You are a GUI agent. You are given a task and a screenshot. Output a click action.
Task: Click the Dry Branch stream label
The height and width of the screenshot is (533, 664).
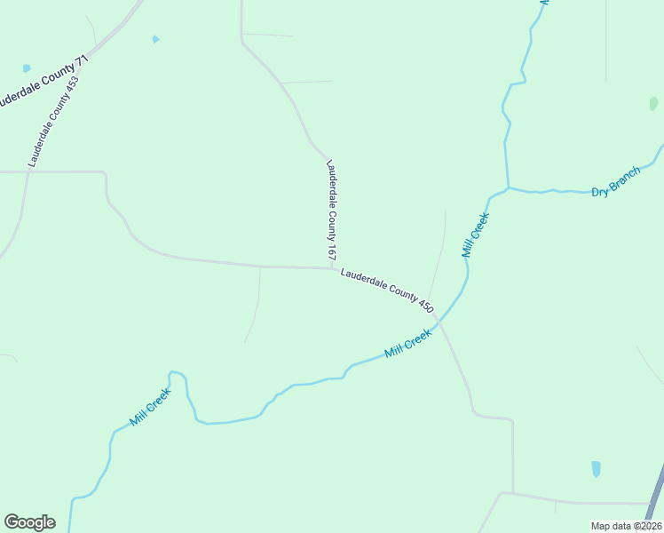click(615, 182)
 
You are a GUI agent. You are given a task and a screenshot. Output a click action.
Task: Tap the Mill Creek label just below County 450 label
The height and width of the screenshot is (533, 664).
click(408, 343)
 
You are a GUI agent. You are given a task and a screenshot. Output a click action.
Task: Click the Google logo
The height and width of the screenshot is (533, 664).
click(29, 522)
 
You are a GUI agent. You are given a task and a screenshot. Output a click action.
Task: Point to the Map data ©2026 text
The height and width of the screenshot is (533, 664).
click(625, 526)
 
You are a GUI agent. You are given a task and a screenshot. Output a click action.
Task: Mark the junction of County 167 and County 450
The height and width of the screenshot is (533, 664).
click(332, 267)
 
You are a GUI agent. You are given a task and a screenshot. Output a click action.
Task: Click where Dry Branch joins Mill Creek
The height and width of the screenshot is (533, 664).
click(508, 187)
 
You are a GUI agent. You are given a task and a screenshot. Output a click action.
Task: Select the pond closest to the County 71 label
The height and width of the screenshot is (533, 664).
click(27, 68)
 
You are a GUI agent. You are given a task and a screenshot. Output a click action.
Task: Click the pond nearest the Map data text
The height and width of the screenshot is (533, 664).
click(596, 468)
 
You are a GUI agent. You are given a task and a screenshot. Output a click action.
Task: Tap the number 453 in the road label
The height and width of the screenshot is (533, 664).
click(71, 85)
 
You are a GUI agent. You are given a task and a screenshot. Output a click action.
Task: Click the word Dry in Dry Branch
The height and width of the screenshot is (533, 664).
click(600, 189)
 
